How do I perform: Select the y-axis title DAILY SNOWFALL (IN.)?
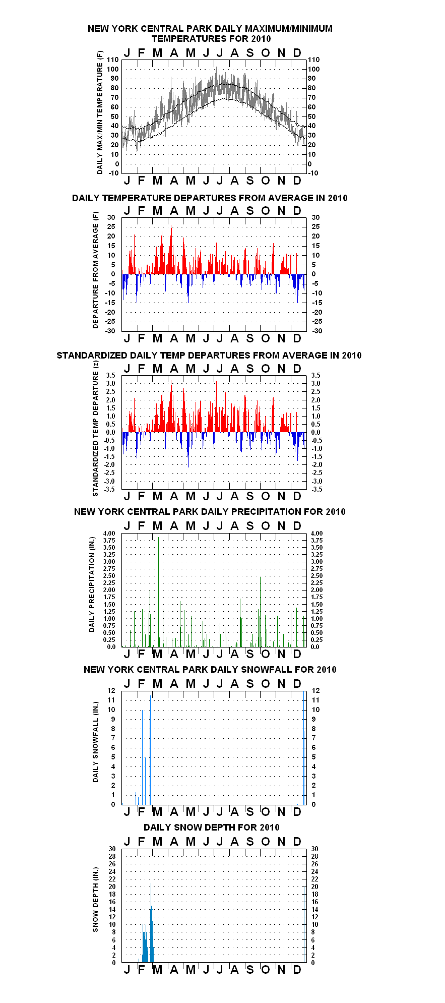95,742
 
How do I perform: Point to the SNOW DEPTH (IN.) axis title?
95,900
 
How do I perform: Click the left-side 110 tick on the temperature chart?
113,60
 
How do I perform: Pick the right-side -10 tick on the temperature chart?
313,173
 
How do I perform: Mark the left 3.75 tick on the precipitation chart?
109,540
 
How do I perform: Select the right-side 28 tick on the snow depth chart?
315,856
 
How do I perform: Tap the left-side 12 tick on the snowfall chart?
111,690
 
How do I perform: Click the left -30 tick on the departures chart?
110,331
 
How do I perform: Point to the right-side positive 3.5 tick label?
315,375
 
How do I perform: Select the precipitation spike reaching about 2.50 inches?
261,612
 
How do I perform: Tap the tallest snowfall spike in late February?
150,750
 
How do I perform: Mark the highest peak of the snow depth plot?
151,883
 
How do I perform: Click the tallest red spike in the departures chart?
171,250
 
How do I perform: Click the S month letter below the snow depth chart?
250,969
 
